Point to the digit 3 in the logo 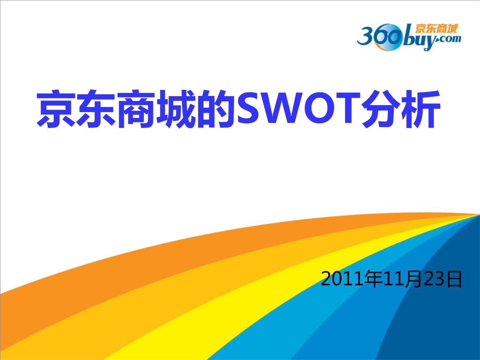click(x=366, y=37)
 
